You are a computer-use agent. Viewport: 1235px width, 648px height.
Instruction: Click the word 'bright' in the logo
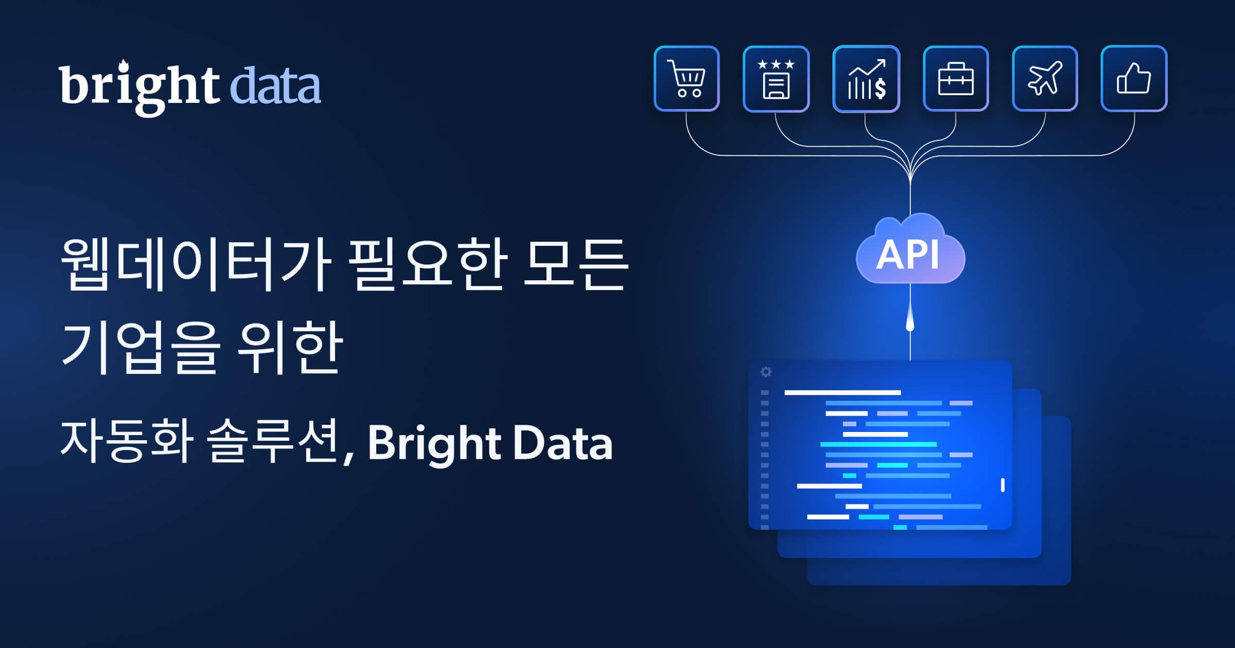pyautogui.click(x=139, y=87)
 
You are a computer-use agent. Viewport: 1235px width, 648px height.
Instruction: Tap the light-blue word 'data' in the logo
pyautogui.click(x=275, y=85)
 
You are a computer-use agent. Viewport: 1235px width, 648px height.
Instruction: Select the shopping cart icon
pyautogui.click(x=686, y=79)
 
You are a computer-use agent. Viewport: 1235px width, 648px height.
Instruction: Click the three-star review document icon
pyautogui.click(x=776, y=79)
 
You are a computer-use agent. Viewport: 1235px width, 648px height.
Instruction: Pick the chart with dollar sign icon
pyautogui.click(x=866, y=79)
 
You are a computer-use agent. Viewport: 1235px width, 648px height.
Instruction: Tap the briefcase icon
pyautogui.click(x=956, y=79)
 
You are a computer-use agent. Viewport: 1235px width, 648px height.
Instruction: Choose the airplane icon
pyautogui.click(x=1045, y=79)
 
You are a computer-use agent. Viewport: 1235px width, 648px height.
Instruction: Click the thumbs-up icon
pyautogui.click(x=1134, y=79)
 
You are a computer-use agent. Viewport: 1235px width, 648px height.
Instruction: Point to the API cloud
pyautogui.click(x=910, y=249)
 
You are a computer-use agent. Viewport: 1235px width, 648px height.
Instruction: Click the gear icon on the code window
pyautogui.click(x=766, y=372)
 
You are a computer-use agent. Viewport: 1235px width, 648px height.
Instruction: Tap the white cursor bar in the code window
pyautogui.click(x=1002, y=485)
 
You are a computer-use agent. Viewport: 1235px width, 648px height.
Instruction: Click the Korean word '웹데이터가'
pyautogui.click(x=196, y=264)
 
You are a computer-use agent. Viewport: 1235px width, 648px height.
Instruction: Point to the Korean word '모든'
pyautogui.click(x=575, y=263)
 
